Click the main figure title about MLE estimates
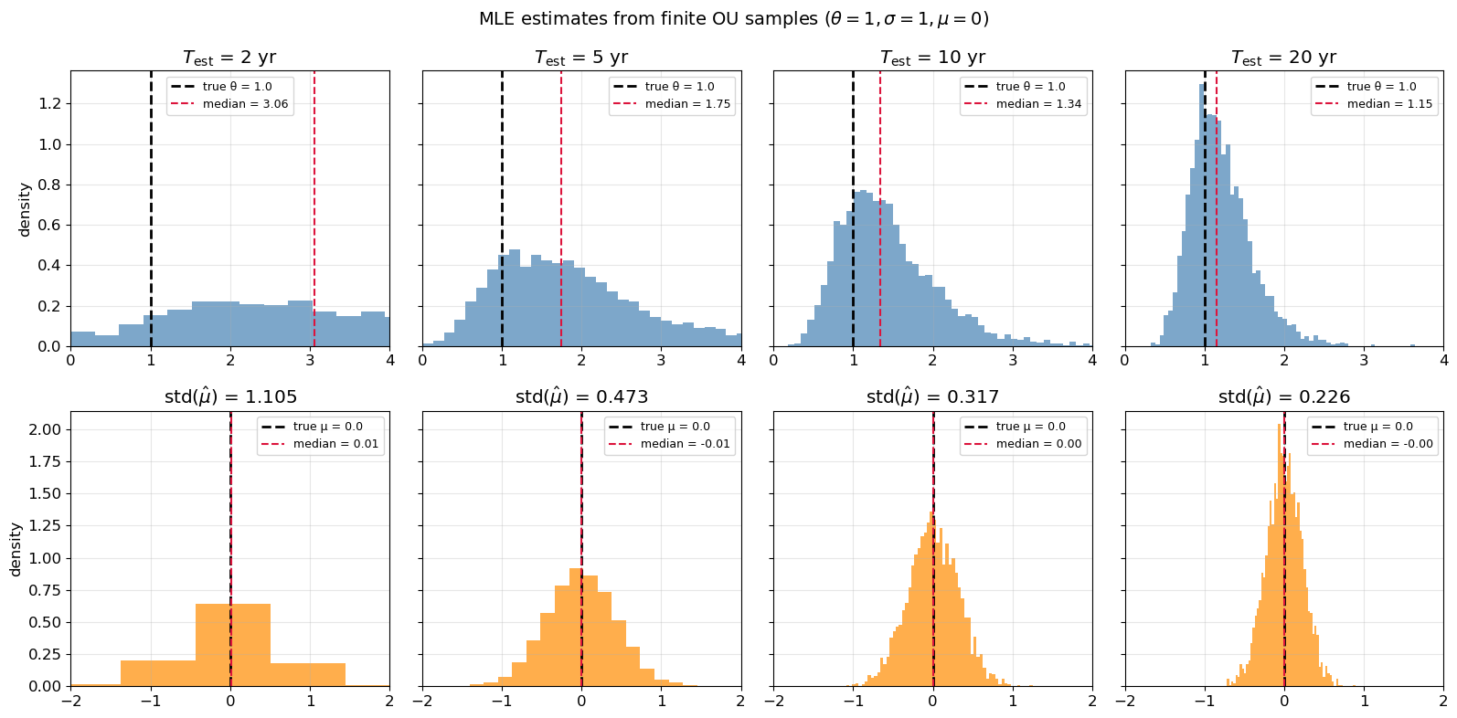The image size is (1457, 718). click(733, 19)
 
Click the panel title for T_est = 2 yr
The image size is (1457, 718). click(229, 58)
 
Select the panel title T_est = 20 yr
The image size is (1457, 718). click(1283, 58)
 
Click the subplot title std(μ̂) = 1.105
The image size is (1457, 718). click(229, 397)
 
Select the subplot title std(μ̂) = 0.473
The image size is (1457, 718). click(581, 397)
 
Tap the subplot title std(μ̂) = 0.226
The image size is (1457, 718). click(1283, 397)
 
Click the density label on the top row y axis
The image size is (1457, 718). click(25, 209)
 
